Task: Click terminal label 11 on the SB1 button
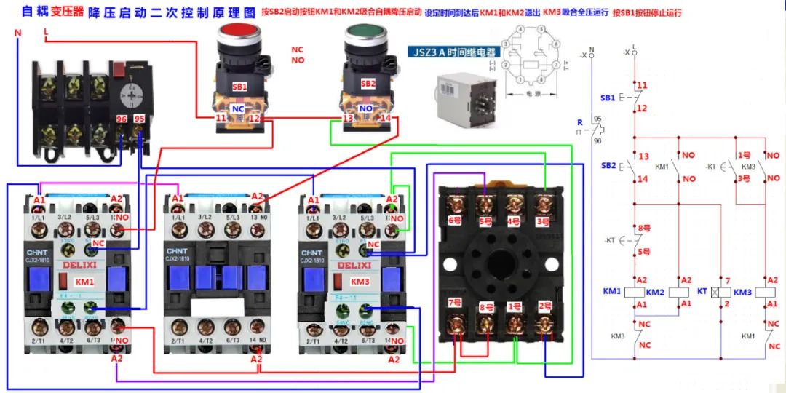point(221,117)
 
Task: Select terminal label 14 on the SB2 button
point(385,117)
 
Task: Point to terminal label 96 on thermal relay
point(122,118)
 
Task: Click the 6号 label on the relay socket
point(456,220)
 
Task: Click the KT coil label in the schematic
point(702,291)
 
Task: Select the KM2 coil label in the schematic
point(656,291)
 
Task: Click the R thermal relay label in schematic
point(580,123)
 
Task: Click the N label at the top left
point(18,33)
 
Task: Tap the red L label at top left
point(46,32)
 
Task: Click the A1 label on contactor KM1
point(39,199)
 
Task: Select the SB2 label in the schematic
point(608,166)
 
